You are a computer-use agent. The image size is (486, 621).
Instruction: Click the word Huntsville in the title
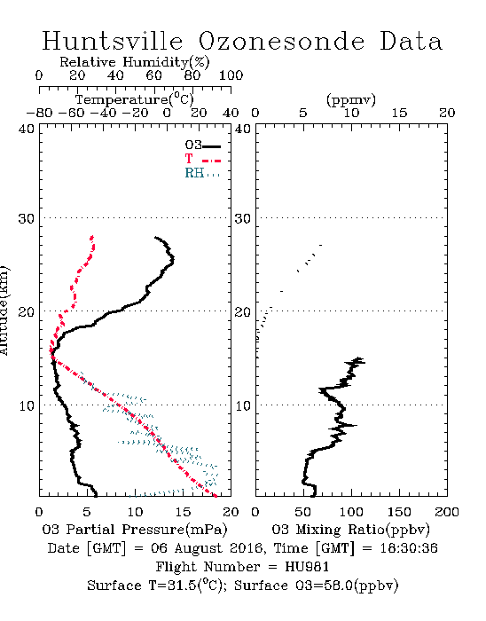(113, 41)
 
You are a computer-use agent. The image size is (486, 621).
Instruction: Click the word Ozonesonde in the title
(280, 41)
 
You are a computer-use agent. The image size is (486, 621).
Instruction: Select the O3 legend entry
(202, 145)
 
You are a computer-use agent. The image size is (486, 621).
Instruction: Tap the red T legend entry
(202, 159)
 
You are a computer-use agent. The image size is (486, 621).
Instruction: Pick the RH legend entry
(202, 173)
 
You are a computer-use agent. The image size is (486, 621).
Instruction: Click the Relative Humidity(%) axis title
(135, 62)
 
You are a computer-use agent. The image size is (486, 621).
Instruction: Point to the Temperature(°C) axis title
(135, 99)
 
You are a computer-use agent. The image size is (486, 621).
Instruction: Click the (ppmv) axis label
(351, 99)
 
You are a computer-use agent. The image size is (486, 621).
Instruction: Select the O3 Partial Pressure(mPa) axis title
(135, 529)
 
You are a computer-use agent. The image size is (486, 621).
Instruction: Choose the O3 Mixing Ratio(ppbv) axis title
(350, 529)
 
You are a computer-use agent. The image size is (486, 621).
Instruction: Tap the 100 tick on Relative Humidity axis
(231, 75)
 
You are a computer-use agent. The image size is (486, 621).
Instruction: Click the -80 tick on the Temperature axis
(39, 113)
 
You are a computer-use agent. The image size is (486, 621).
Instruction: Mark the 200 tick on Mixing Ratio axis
(447, 512)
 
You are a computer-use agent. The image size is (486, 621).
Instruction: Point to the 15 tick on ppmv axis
(399, 113)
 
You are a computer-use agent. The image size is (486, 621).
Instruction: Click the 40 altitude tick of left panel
(27, 129)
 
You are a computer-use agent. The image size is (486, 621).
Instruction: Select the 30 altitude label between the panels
(243, 218)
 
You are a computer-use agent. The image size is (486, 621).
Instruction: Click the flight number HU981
(307, 567)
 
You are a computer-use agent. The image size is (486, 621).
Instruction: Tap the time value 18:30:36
(409, 548)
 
